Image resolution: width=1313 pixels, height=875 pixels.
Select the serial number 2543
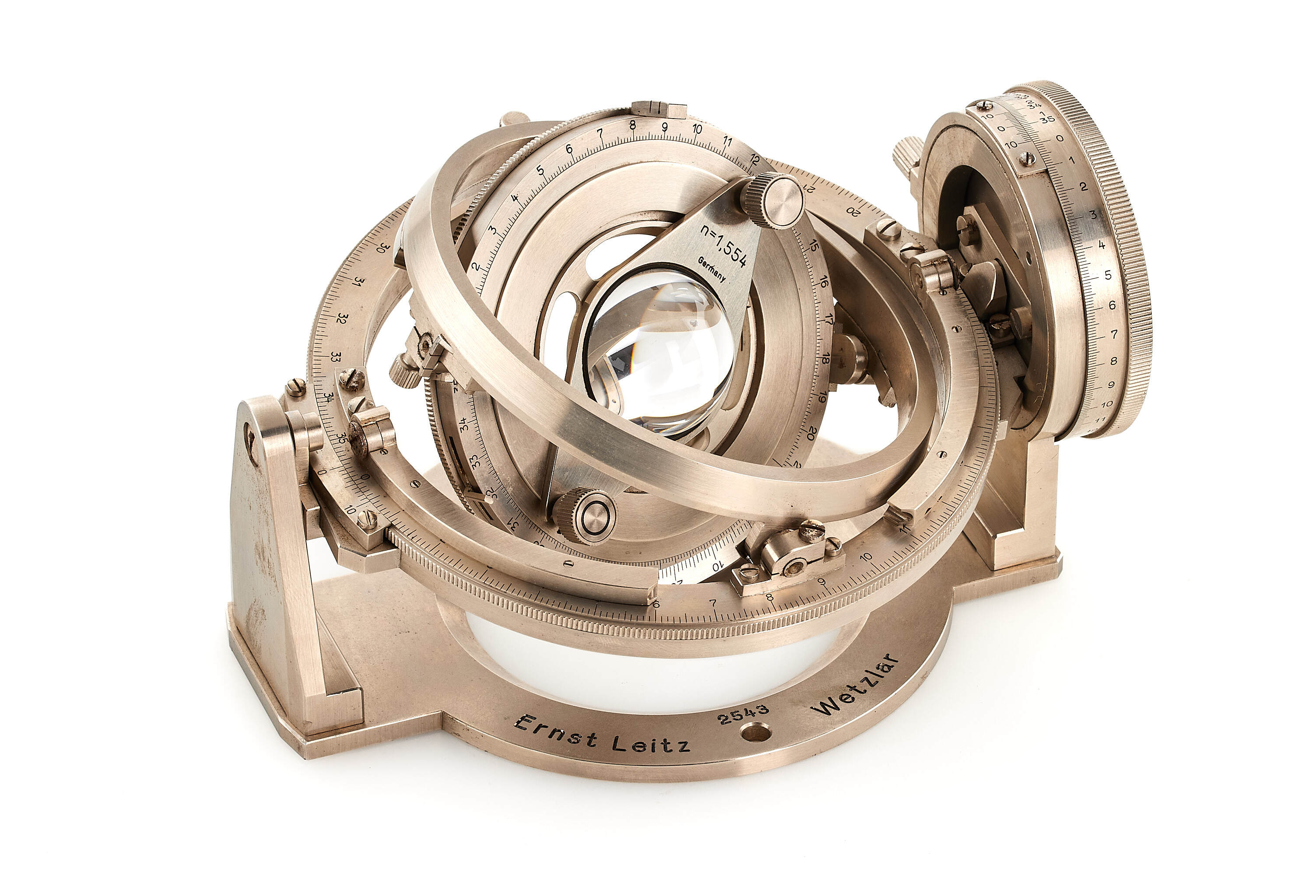[x=744, y=714]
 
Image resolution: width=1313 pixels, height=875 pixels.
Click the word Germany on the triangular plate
[x=711, y=269]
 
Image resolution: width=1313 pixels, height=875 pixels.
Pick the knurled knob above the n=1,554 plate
[x=773, y=200]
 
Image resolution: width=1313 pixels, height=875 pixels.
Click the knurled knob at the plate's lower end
[x=584, y=516]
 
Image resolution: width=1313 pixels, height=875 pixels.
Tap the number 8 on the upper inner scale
[x=632, y=125]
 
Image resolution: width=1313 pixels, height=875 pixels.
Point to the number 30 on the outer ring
[x=383, y=247]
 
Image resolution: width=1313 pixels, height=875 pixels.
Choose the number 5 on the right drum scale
[x=1108, y=275]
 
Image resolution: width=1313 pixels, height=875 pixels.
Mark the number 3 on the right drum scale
[x=1092, y=214]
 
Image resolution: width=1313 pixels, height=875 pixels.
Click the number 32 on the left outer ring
[x=343, y=318]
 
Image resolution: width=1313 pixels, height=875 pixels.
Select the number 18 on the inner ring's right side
[x=825, y=358]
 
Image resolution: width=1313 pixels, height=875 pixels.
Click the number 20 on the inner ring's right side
[x=812, y=431]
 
